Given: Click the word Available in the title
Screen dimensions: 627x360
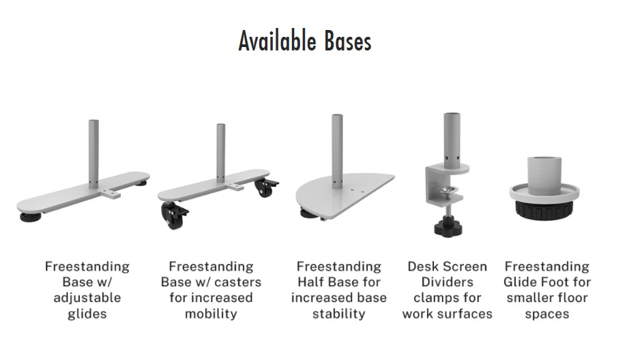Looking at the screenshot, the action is coord(277,41).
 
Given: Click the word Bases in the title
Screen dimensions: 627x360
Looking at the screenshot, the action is coord(348,41).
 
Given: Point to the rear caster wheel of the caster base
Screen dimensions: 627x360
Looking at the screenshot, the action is coord(266,187).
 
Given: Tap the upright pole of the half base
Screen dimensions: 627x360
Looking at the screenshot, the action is coord(337,151).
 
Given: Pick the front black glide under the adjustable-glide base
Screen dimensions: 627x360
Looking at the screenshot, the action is coord(31,217).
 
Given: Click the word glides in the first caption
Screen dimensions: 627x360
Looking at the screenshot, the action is coord(87,314).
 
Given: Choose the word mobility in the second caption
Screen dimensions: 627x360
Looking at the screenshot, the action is coord(211,314).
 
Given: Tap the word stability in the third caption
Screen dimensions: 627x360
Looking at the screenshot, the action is coord(338,314).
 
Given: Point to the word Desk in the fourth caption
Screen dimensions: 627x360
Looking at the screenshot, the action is coord(422,267).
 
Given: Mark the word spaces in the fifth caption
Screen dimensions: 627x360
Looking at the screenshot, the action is coord(547,314).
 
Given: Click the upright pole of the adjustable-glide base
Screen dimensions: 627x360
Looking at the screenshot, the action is coord(93,154).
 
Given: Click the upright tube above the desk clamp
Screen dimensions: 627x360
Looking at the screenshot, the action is coord(452,140).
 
